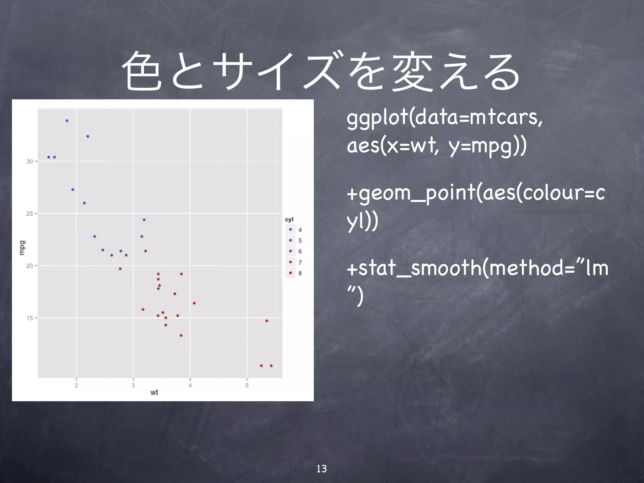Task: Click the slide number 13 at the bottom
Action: pos(321,469)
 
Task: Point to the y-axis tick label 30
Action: pos(30,161)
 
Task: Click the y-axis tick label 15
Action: pos(30,318)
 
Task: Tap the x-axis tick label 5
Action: pos(247,385)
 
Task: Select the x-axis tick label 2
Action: pos(76,385)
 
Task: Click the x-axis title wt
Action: pos(154,392)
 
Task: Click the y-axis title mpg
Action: pos(22,248)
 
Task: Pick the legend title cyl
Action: pos(289,219)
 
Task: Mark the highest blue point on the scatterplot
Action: pos(67,121)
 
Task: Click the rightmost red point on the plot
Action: pos(271,366)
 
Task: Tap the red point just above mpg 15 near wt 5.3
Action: pos(267,321)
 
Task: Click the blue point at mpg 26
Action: pos(84,203)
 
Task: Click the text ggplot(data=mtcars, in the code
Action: pos(444,118)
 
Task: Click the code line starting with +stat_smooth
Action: pos(477,269)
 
